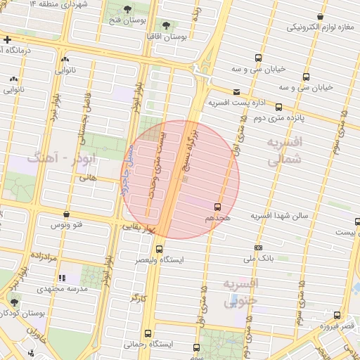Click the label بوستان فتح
[x=127, y=20]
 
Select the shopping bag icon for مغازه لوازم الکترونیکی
[x=321, y=16]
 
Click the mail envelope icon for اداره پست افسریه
[x=236, y=92]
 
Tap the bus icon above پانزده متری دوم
[x=279, y=108]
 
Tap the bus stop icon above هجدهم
[x=217, y=207]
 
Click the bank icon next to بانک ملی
[x=259, y=247]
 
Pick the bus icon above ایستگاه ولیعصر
[x=159, y=249]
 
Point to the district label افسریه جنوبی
[x=240, y=292]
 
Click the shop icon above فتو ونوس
[x=66, y=214]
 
